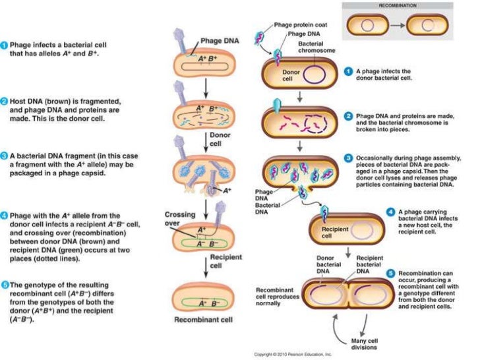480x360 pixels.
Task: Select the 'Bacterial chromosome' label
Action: point(316,46)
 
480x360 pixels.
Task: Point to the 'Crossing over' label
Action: point(178,219)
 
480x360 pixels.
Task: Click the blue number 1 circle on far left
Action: point(4,45)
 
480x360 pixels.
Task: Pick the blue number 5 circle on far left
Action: point(4,284)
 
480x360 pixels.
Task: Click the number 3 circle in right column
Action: point(348,160)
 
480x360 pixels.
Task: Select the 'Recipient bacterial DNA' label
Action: point(371,264)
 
